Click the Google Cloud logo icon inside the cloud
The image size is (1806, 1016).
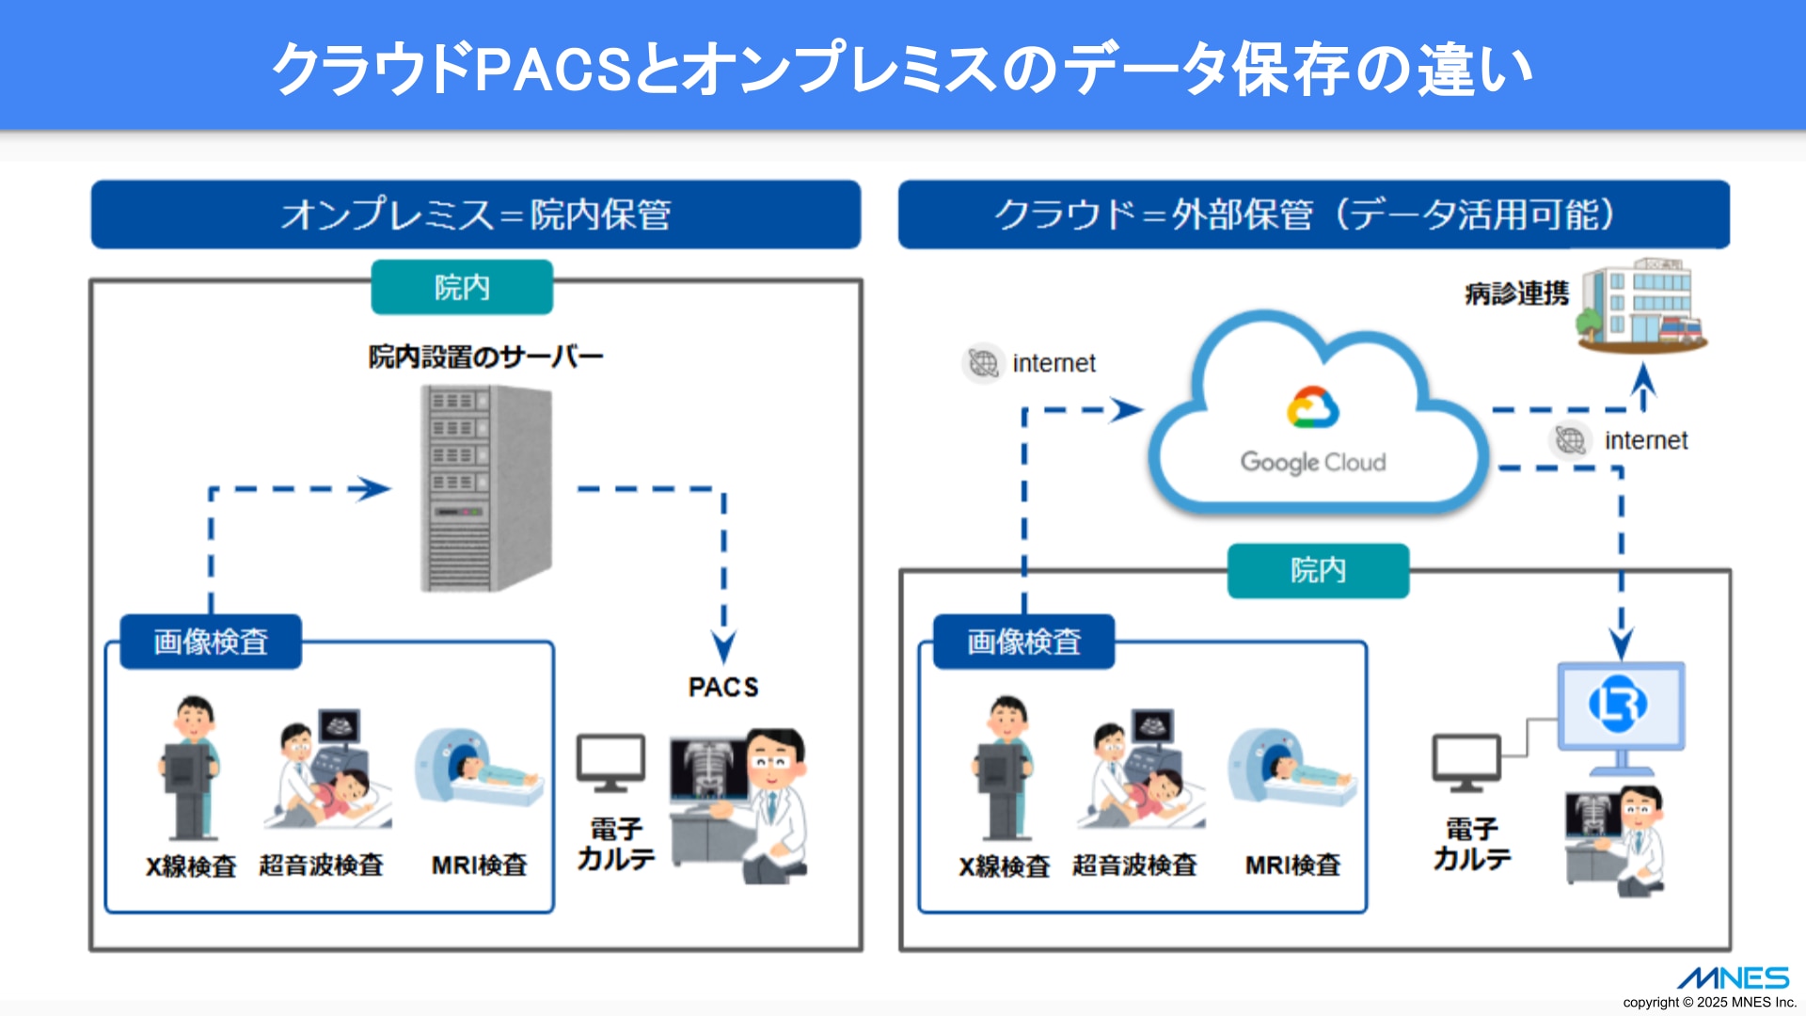click(x=1312, y=407)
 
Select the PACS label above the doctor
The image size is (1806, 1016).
click(x=722, y=687)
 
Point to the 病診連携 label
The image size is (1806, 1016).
click(x=1516, y=294)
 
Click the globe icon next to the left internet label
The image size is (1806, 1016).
click(x=983, y=363)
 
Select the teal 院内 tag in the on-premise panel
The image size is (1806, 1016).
click(x=462, y=287)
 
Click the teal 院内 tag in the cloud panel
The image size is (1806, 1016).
click(x=1318, y=570)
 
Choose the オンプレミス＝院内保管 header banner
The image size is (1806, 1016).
click(x=476, y=214)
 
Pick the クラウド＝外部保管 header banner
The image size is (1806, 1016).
click(x=1313, y=214)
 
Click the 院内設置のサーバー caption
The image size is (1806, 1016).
click(x=485, y=357)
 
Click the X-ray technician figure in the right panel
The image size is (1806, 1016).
click(x=1005, y=767)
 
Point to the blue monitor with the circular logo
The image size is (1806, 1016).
click(x=1621, y=706)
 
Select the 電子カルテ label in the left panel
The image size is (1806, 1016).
click(x=615, y=844)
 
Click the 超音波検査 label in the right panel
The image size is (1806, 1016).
click(x=1134, y=865)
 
